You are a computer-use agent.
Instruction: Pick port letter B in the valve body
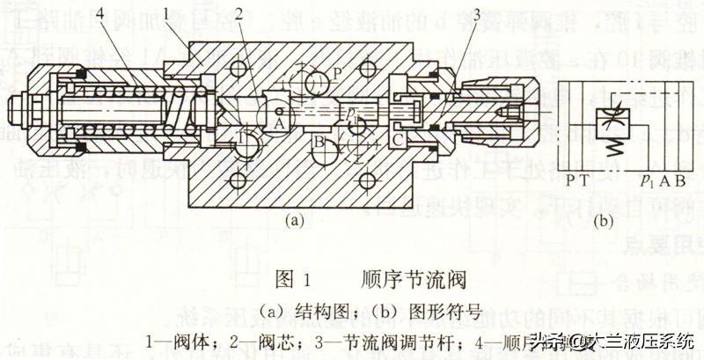[321, 141]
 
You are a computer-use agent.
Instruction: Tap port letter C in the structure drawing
[398, 139]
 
